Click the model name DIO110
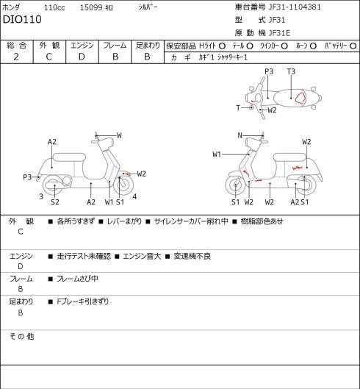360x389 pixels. point(22,20)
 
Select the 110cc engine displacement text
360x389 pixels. point(54,7)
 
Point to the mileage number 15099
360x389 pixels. point(91,7)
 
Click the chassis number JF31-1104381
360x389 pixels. point(295,7)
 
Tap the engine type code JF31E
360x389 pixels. point(279,33)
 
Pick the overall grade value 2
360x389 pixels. point(16,57)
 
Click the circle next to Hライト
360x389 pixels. point(222,46)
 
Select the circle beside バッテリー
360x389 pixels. point(353,46)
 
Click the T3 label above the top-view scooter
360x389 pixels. point(291,72)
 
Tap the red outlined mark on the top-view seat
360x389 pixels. point(300,98)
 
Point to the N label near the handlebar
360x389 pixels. point(240,135)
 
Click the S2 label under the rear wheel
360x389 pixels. point(55,202)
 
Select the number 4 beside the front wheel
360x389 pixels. point(134,197)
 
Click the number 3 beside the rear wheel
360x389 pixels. point(41,197)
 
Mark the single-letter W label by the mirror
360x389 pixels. point(119,135)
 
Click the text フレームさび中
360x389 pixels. point(77,279)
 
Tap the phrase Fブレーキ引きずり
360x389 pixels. point(83,301)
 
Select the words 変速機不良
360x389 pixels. point(192,257)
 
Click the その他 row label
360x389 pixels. point(21,337)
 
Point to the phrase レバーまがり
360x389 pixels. point(124,221)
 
